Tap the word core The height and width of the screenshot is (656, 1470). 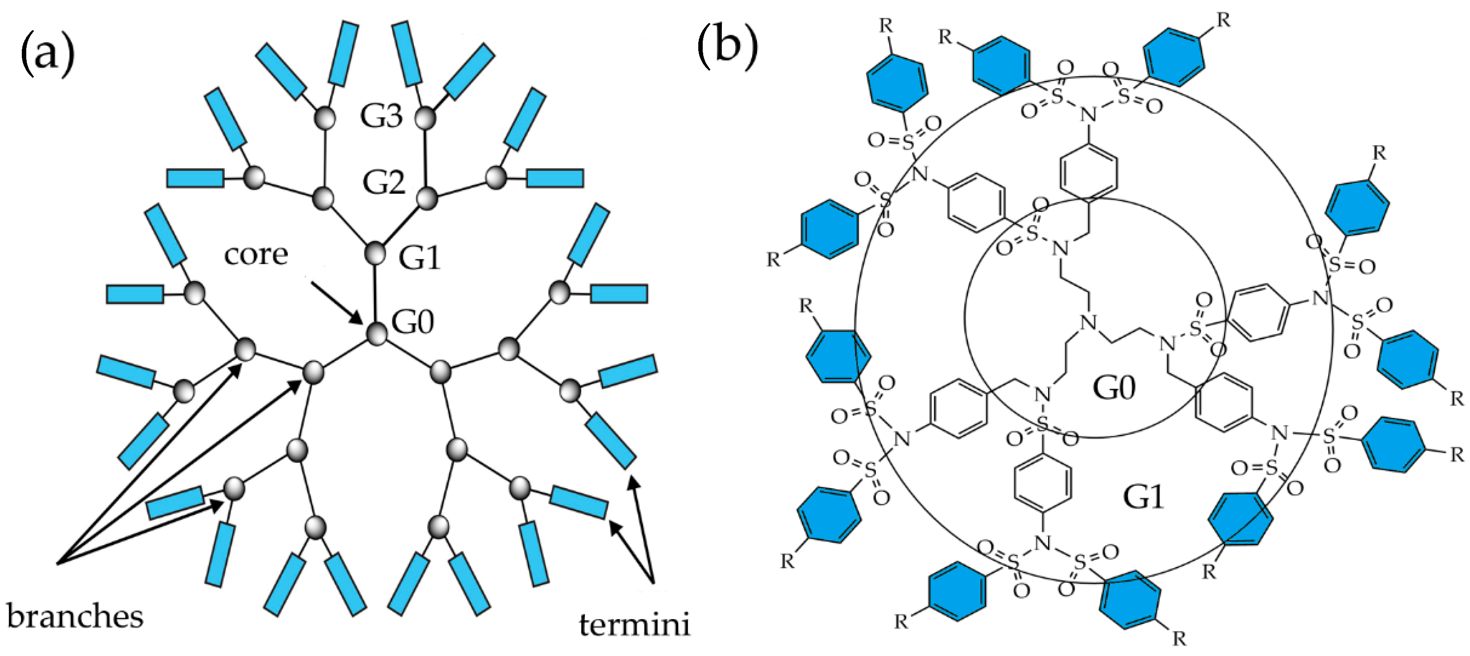click(255, 255)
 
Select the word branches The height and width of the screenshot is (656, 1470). click(75, 617)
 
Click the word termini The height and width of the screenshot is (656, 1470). click(634, 625)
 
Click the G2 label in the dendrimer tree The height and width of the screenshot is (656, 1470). click(384, 182)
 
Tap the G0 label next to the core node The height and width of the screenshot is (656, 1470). click(413, 322)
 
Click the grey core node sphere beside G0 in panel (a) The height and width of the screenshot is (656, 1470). click(376, 334)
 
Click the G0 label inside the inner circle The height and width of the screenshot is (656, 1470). click(1114, 389)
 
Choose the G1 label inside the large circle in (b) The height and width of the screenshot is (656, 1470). click(1143, 497)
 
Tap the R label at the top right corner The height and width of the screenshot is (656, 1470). click(1223, 20)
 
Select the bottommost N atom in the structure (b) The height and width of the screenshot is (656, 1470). click(1043, 543)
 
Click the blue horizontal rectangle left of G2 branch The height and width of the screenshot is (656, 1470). click(195, 178)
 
